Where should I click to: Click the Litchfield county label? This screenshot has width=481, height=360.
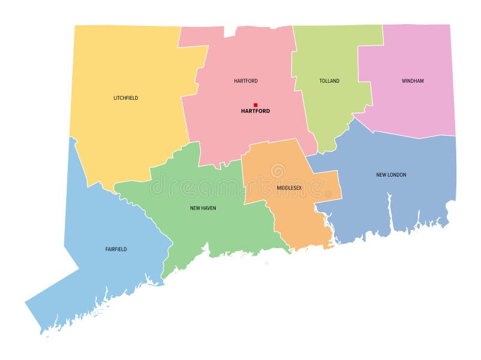point(126,98)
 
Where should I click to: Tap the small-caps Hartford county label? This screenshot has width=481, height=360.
point(246,81)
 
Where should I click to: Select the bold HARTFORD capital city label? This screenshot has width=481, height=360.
point(256,111)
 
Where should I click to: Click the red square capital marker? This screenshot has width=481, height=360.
point(256,105)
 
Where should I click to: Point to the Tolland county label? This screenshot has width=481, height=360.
point(329,81)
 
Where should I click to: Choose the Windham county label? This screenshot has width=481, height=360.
point(412,81)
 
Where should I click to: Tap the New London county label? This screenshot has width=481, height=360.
point(391,175)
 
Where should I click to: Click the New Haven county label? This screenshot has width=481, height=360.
point(203,209)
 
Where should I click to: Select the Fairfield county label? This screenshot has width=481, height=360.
point(115,249)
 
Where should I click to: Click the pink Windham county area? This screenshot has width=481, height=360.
point(415,108)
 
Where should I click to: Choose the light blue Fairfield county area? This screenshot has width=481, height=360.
point(102,276)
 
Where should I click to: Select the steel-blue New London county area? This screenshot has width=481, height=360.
point(397,198)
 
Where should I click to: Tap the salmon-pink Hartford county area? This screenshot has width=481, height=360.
point(240,132)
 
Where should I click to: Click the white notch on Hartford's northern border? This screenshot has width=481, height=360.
point(230,30)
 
